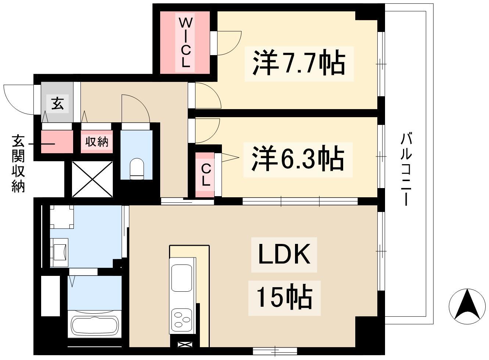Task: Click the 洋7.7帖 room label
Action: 298,64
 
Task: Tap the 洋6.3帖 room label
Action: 298,159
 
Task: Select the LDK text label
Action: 284,255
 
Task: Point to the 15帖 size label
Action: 284,298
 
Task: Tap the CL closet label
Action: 206,175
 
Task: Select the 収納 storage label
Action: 97,142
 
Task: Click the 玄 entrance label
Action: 57,104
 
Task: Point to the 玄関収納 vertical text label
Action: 18,163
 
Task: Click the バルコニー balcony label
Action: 406,170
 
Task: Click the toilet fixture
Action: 137,169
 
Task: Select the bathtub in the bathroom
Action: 95,325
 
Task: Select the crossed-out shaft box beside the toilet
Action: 92,179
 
